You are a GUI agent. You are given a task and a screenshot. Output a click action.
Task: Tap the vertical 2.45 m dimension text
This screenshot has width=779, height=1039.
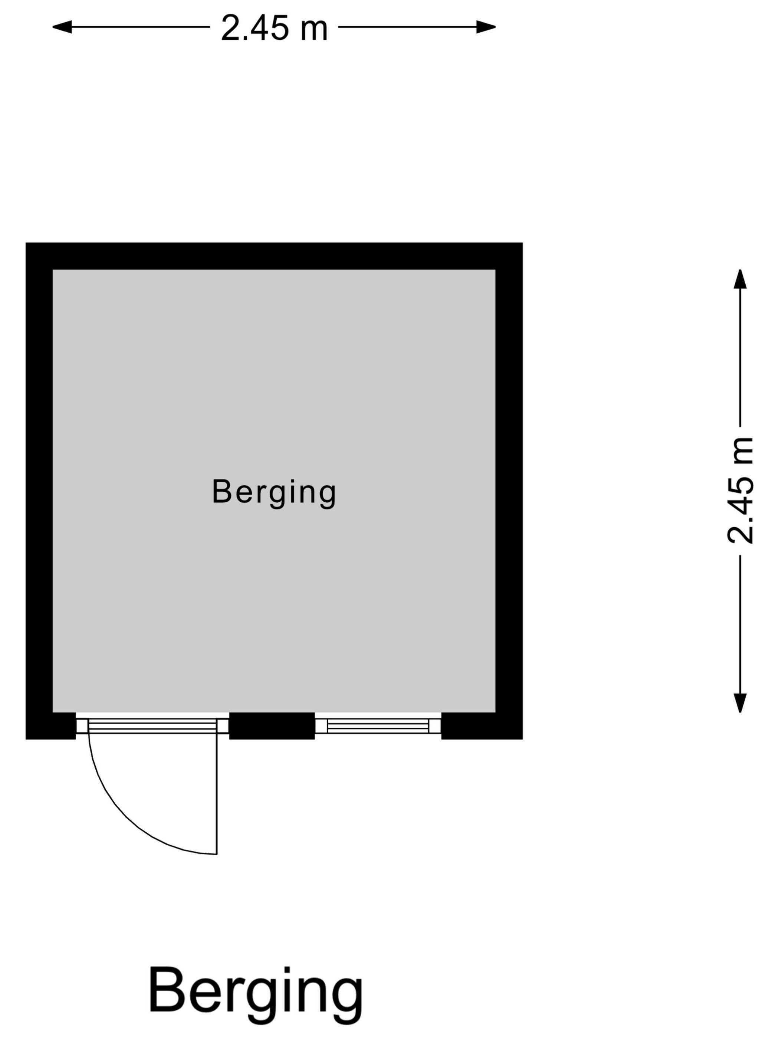pyautogui.click(x=740, y=491)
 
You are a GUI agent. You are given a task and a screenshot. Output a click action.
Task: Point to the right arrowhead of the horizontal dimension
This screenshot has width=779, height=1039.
pyautogui.click(x=486, y=27)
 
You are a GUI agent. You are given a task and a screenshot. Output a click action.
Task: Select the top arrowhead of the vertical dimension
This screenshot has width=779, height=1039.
pyautogui.click(x=740, y=279)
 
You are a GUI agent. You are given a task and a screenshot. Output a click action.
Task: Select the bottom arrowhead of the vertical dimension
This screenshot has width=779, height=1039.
pyautogui.click(x=740, y=703)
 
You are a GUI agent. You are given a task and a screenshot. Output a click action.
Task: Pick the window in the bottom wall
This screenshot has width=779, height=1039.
pyautogui.click(x=378, y=726)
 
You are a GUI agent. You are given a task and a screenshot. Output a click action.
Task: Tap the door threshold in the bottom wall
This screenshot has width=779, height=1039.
pyautogui.click(x=152, y=726)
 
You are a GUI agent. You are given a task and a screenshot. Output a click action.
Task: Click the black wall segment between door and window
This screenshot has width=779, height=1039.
pyautogui.click(x=272, y=726)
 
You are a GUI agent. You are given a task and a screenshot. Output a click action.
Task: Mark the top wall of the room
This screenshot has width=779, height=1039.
pyautogui.click(x=274, y=256)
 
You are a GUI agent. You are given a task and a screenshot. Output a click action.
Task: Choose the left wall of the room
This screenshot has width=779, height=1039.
pyautogui.click(x=39, y=491)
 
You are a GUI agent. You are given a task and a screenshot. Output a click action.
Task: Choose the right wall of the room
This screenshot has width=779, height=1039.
pyautogui.click(x=509, y=491)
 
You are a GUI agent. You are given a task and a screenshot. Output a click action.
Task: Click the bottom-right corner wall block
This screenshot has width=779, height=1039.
pyautogui.click(x=482, y=726)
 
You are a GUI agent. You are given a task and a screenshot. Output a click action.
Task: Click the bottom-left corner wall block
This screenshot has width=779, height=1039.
pyautogui.click(x=51, y=726)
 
